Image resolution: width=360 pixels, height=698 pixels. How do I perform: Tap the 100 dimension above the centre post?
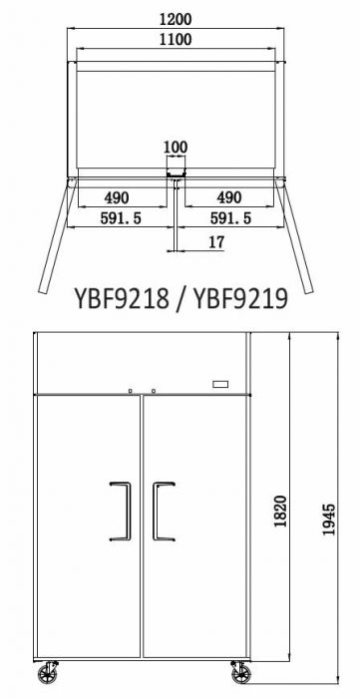click(176, 148)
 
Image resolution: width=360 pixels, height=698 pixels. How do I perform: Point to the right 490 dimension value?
click(230, 196)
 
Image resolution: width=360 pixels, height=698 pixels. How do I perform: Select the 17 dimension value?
click(216, 242)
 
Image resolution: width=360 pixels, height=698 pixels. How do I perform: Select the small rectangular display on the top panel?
click(221, 384)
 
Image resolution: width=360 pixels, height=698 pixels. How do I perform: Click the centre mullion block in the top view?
click(176, 176)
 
